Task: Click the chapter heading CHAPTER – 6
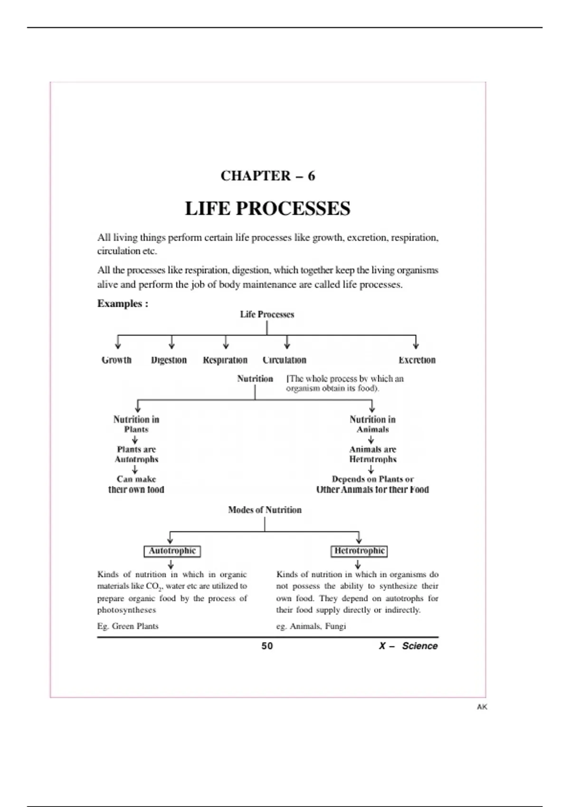(267, 176)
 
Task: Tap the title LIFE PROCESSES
(267, 209)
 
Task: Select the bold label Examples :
(123, 304)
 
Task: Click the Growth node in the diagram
(116, 360)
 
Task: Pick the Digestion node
(169, 360)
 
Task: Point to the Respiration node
(225, 360)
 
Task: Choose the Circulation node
(284, 360)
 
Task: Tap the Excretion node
(417, 360)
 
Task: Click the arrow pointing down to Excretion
(416, 342)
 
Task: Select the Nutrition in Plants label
(136, 424)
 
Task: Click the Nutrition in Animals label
(372, 424)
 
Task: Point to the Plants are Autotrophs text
(136, 454)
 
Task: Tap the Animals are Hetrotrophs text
(372, 454)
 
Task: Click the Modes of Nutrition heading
(265, 510)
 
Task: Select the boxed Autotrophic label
(172, 551)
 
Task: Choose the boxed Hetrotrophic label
(359, 551)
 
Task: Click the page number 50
(267, 646)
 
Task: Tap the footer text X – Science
(408, 646)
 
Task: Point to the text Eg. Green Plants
(128, 626)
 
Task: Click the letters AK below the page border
(482, 707)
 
